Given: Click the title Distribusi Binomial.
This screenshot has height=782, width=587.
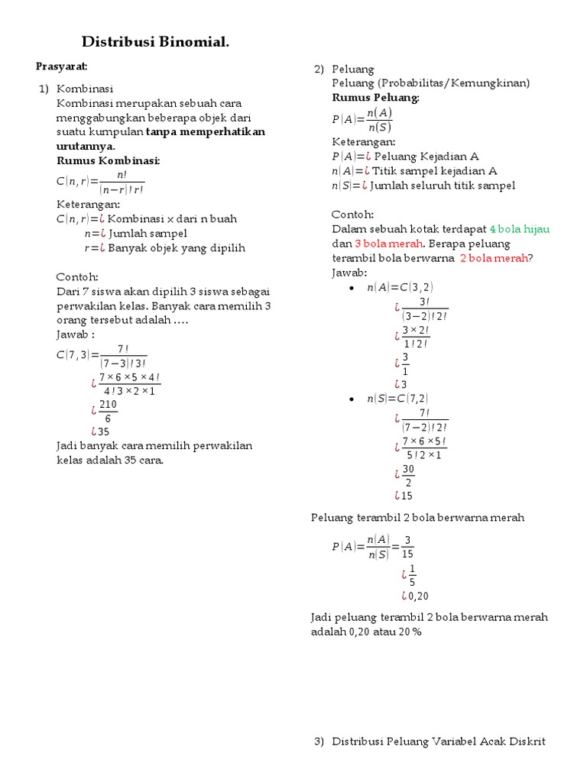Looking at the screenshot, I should tap(155, 43).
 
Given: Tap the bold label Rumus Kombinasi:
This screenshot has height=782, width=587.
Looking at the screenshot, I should tap(108, 160).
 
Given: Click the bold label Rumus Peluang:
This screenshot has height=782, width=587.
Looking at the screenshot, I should tap(375, 98).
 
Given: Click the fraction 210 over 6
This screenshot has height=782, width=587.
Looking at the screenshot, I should tap(108, 411).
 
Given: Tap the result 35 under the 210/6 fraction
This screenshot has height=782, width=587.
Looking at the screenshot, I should tap(104, 431).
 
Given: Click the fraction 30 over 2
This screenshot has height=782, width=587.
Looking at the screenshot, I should tap(409, 475).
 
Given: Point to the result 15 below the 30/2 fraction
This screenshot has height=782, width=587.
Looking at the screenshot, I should tap(407, 496).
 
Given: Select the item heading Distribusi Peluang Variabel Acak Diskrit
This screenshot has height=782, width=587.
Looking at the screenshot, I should tap(439, 742).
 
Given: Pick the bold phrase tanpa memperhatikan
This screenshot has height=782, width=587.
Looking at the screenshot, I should tap(206, 131).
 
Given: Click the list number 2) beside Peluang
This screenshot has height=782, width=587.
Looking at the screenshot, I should tap(319, 69).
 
